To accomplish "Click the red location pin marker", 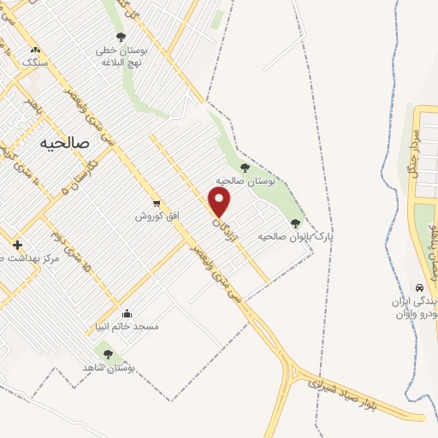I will pos(221,203).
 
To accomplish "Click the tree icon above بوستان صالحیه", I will pos(246,168).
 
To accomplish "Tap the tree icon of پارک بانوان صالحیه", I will pos(295,222).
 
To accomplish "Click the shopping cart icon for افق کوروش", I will pos(156,203).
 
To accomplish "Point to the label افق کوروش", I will pos(157,216).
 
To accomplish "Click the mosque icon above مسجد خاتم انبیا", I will pos(127,313).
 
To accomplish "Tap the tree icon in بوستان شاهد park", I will pos(108,353).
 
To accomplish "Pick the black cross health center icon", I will pos(17,245).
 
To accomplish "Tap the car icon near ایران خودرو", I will pos(419,287).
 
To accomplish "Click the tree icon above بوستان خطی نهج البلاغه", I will pos(120,37).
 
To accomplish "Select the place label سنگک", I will pos(34,63).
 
